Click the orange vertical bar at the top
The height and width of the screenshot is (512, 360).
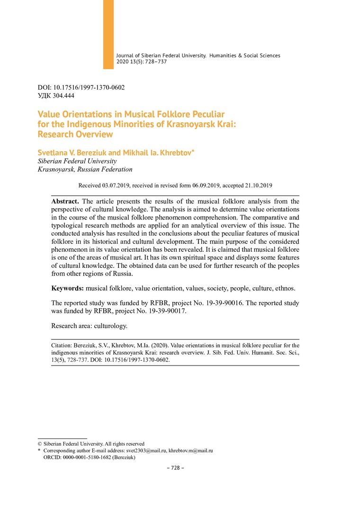pyautogui.click(x=108, y=34)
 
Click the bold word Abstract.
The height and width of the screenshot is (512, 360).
pyautogui.click(x=65, y=201)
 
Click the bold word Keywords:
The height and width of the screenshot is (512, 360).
pyautogui.click(x=68, y=288)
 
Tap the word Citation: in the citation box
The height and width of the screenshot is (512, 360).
pyautogui.click(x=63, y=346)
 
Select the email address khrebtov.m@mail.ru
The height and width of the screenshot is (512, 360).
pyautogui.click(x=191, y=450)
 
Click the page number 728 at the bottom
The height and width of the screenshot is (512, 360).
pyautogui.click(x=175, y=468)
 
